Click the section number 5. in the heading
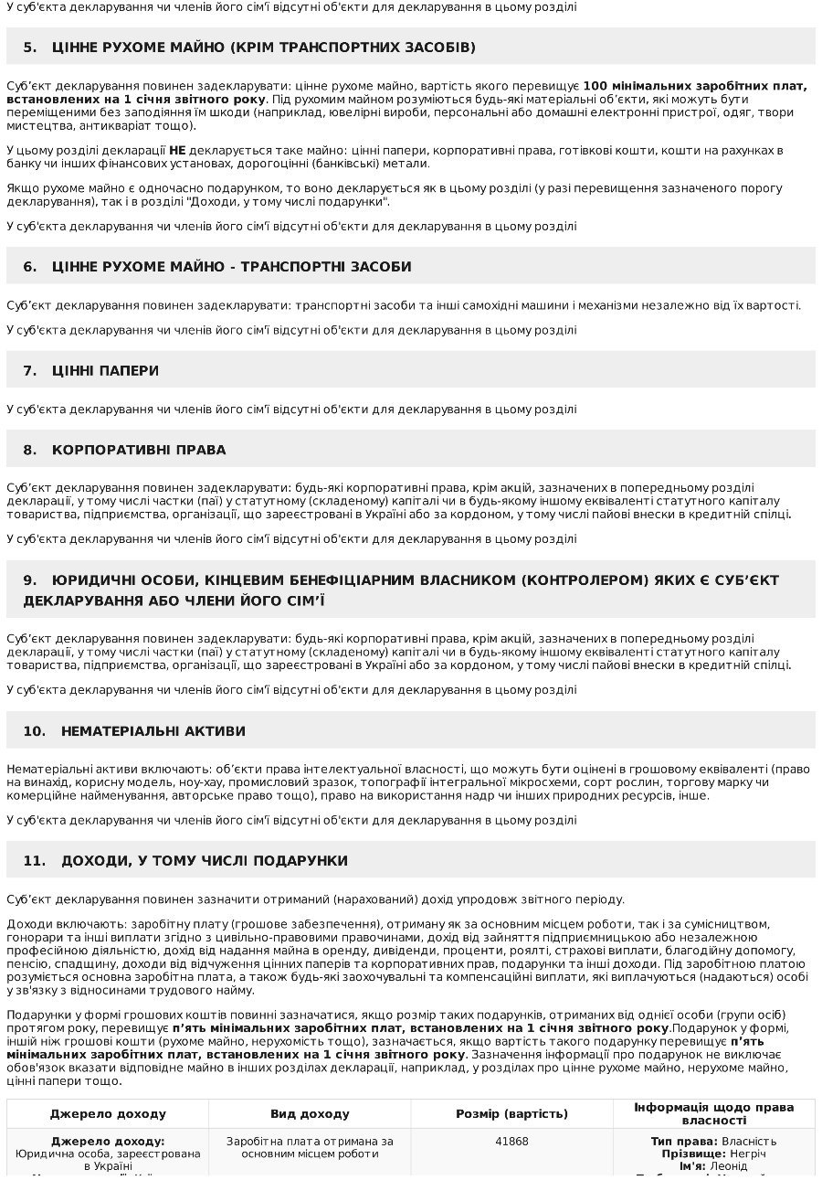point(30,47)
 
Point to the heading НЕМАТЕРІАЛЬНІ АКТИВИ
point(153,731)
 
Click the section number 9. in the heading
point(30,580)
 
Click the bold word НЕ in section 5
point(177,149)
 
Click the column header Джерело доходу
point(108,1114)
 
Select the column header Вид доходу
point(310,1114)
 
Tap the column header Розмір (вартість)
point(511,1114)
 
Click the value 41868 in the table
point(511,1142)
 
